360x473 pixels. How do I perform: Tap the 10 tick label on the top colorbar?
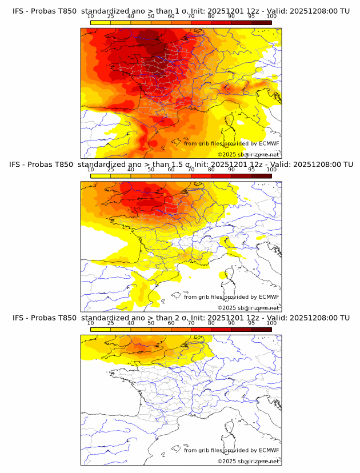91,17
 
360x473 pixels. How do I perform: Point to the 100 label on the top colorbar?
271,17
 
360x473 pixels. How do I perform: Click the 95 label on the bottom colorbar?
251,323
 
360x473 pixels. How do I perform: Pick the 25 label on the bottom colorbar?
111,323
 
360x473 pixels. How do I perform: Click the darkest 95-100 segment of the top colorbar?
261,23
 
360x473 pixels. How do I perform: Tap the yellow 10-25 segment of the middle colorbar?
101,176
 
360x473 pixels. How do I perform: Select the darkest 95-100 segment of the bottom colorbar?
261,329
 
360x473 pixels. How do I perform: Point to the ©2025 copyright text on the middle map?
249,307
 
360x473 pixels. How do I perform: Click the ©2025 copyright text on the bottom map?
249,461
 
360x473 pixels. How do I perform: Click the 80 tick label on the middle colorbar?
211,170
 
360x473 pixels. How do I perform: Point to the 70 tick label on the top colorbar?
191,17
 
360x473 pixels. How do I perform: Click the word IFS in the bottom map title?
18,318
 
